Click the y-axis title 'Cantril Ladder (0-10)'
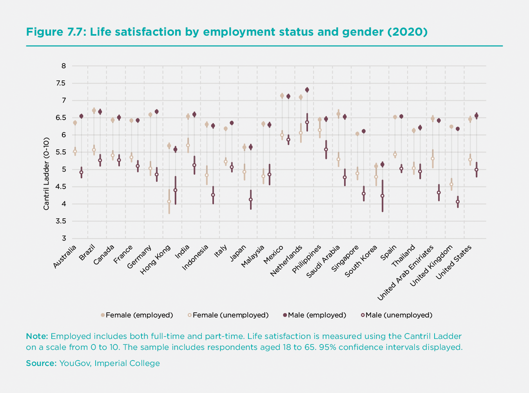click(x=46, y=174)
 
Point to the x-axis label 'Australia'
click(x=65, y=257)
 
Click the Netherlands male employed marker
click(x=307, y=90)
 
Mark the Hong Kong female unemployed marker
click(x=169, y=201)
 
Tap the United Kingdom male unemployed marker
click(x=458, y=202)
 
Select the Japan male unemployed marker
click(x=251, y=199)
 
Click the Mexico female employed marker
click(x=282, y=95)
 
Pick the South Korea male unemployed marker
click(x=382, y=196)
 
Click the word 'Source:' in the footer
click(x=41, y=363)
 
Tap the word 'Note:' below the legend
click(x=37, y=336)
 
